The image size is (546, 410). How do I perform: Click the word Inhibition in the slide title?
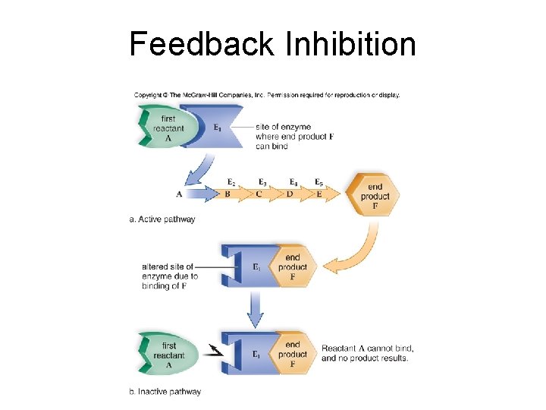point(351,44)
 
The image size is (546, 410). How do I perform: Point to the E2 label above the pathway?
point(231,182)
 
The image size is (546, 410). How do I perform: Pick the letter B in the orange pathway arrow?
point(227,194)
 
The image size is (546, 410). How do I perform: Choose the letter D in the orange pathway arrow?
point(290,194)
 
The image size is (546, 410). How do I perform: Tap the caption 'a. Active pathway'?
point(162,219)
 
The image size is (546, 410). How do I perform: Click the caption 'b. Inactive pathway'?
point(165,392)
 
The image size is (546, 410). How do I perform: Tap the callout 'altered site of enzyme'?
point(170,276)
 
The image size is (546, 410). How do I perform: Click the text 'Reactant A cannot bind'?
point(367,348)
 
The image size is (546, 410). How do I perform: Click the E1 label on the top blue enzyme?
point(218,129)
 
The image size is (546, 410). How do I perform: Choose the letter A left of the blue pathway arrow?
point(179,194)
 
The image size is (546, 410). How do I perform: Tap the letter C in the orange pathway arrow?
point(259,194)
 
